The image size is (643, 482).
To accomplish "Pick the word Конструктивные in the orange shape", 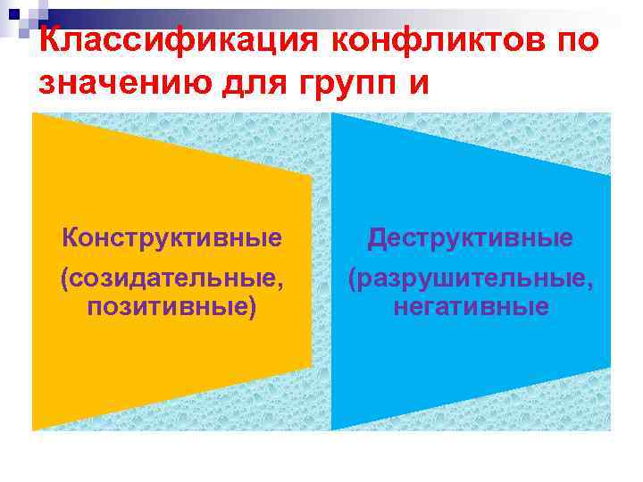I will [172, 238].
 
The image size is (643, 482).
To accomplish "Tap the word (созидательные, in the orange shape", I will [174, 280].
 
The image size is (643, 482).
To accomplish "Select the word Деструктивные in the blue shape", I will [471, 238].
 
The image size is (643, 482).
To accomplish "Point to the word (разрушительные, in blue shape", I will [471, 280].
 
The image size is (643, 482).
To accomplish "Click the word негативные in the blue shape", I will [471, 308].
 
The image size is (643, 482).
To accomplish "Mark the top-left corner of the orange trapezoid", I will [33, 114].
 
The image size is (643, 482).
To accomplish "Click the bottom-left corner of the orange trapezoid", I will [33, 430].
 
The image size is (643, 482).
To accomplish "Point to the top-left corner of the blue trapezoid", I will [332, 114].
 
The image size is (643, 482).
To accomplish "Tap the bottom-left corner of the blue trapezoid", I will [332, 430].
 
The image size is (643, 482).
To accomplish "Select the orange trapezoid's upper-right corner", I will [312, 176].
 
